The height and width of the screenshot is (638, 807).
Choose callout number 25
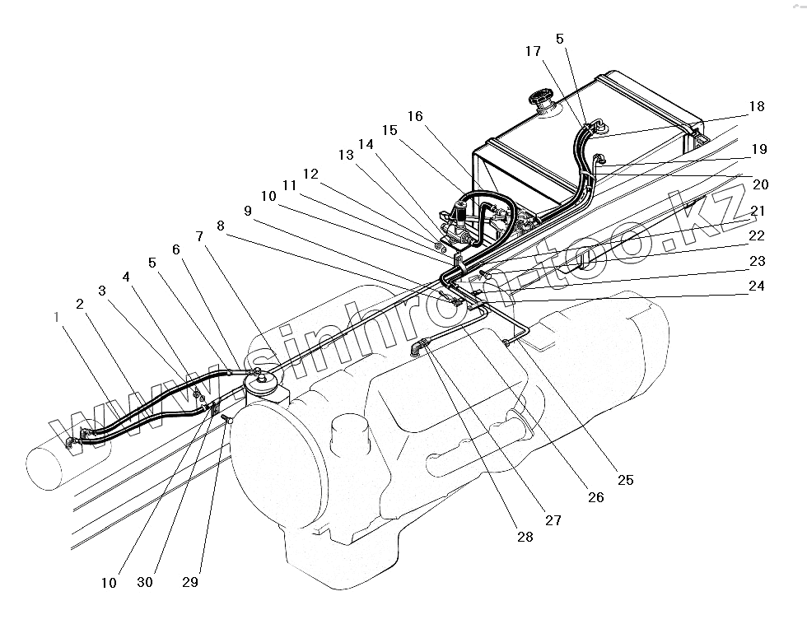pos(625,480)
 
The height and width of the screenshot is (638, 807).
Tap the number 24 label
pos(756,286)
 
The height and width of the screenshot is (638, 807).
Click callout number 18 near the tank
pos(756,106)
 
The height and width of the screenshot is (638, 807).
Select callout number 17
pos(533,52)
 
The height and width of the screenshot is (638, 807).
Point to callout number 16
pos(414,116)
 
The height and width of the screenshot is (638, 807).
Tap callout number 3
pos(101,291)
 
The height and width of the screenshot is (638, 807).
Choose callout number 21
pos(757,212)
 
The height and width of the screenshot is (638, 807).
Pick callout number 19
pos(758,150)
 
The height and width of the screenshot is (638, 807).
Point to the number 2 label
pos(79,304)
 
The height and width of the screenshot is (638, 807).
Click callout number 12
pos(310,175)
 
